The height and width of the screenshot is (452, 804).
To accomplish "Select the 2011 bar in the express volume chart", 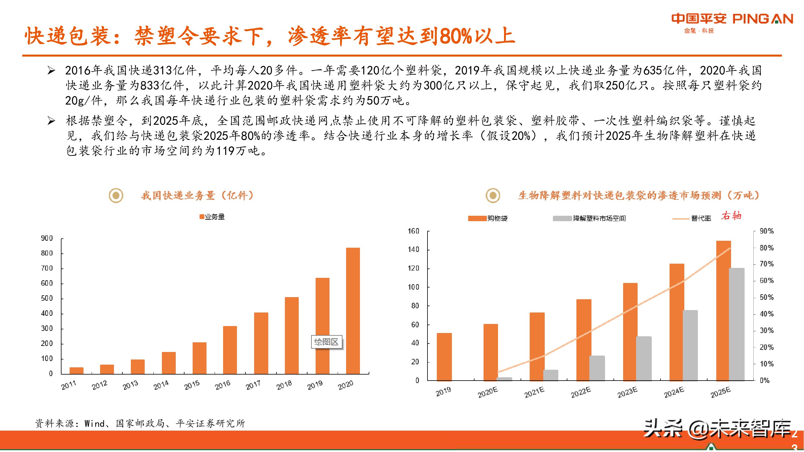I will [77, 370].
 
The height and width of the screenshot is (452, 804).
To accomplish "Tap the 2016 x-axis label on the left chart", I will [222, 385].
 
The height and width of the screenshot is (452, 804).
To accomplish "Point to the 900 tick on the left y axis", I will [47, 238].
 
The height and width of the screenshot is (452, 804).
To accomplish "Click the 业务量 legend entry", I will [212, 217].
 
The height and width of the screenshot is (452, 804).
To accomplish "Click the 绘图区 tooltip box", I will [326, 342].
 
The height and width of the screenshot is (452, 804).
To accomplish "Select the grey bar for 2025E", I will [736, 325].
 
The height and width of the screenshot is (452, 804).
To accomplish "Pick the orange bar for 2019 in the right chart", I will [444, 357].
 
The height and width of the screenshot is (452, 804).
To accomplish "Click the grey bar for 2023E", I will [644, 358].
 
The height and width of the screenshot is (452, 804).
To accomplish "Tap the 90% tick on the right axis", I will [767, 231].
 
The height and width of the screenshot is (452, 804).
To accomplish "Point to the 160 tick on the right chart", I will [414, 231].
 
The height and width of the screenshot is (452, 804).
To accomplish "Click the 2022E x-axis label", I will [581, 392].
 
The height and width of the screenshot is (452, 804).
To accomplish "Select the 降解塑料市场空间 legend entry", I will [590, 218].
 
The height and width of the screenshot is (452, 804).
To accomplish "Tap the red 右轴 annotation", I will [731, 215].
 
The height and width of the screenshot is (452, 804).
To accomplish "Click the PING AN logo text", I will [762, 19].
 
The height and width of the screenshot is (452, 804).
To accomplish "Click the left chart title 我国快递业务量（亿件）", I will [197, 196].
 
